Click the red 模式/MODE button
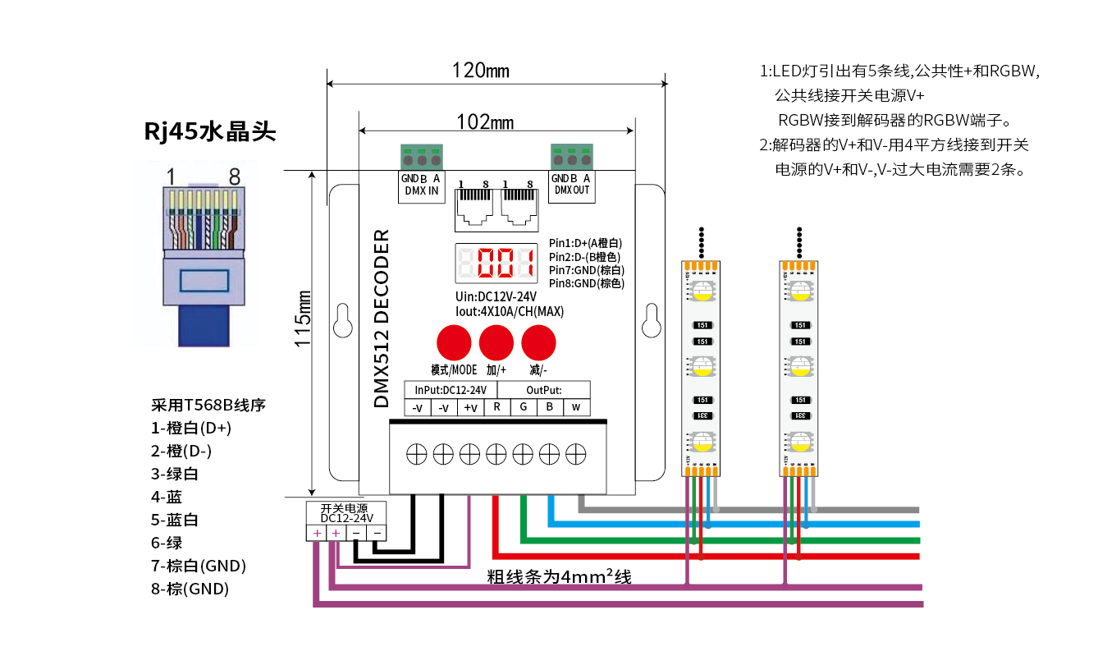tap(453, 342)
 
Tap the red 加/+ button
tap(496, 342)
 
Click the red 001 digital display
tap(496, 264)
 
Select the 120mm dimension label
tap(480, 71)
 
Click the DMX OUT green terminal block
tap(571, 156)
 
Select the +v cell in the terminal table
tap(470, 407)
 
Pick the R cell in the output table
tap(497, 407)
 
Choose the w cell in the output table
tap(576, 407)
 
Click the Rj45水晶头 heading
tap(210, 131)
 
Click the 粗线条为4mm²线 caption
tap(560, 577)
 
